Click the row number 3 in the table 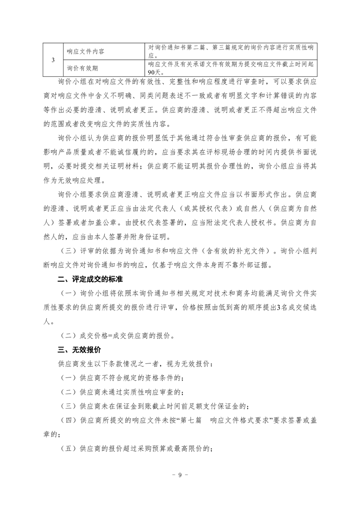pyautogui.click(x=54, y=60)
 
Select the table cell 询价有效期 pyautogui.click(x=82, y=68)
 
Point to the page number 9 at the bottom pyautogui.click(x=180, y=475)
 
